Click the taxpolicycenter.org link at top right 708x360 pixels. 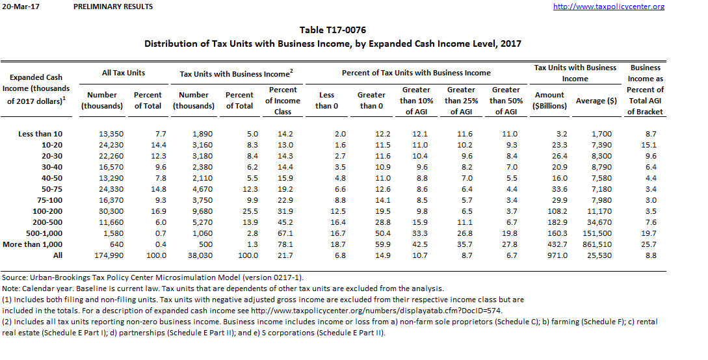[x=608, y=6]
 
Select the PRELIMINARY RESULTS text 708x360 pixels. [x=113, y=6]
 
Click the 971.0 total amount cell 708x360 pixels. [x=557, y=255]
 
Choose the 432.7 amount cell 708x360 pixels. [x=557, y=244]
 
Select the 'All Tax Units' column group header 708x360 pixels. [x=124, y=73]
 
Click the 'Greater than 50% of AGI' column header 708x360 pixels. [x=506, y=101]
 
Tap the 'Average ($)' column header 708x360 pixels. [x=596, y=101]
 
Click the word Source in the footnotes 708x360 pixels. [x=15, y=277]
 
